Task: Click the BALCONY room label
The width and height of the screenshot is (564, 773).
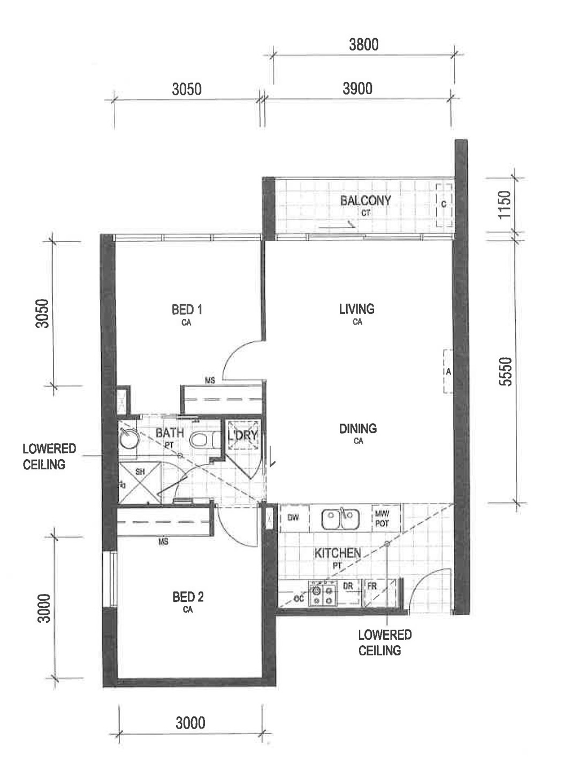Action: pyautogui.click(x=365, y=200)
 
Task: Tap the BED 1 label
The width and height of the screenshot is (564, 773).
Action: pyautogui.click(x=187, y=310)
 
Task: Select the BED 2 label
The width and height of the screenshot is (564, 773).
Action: pyautogui.click(x=188, y=597)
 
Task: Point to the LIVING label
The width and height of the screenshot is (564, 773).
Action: pyautogui.click(x=356, y=309)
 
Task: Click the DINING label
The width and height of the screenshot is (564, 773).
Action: pyautogui.click(x=358, y=429)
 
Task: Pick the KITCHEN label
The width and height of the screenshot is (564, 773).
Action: pyautogui.click(x=338, y=553)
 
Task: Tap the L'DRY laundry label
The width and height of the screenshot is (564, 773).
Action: pyautogui.click(x=243, y=435)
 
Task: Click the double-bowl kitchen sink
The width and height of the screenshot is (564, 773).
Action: pyautogui.click(x=340, y=519)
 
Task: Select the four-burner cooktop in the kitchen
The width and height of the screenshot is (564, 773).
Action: pyautogui.click(x=323, y=593)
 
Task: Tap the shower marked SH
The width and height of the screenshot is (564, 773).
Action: pyautogui.click(x=140, y=483)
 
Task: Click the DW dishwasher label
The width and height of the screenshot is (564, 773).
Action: pyautogui.click(x=293, y=517)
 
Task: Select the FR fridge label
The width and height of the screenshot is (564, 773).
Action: pyautogui.click(x=371, y=586)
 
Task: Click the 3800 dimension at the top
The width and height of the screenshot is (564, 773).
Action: pyautogui.click(x=364, y=44)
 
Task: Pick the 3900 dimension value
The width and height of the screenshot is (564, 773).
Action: pyautogui.click(x=357, y=89)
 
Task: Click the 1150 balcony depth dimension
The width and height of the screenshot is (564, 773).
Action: pyautogui.click(x=504, y=204)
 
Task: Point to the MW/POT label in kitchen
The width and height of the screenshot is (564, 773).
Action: pyautogui.click(x=382, y=519)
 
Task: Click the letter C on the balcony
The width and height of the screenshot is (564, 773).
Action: pyautogui.click(x=444, y=204)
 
